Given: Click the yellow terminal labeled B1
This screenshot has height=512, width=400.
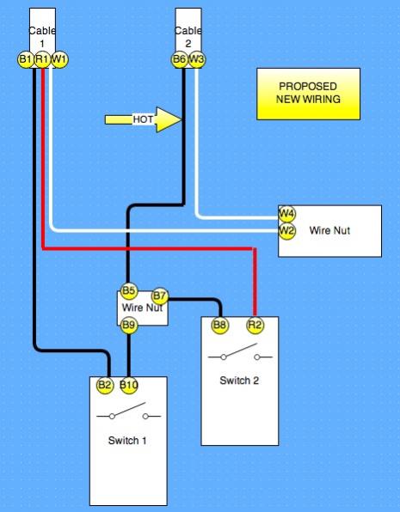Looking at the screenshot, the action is [26, 59].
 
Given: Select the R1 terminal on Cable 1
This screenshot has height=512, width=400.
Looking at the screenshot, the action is [42, 59].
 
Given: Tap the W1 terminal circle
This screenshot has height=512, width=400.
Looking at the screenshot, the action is [59, 59].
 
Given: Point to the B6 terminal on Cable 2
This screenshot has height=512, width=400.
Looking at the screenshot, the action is [180, 59].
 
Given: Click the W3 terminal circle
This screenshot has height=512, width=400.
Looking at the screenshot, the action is [197, 59].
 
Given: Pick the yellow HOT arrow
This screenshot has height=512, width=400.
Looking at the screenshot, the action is [143, 119].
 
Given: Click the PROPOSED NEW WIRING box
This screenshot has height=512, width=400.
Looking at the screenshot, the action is [309, 94].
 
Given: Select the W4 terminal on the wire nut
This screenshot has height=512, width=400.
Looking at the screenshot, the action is [286, 214].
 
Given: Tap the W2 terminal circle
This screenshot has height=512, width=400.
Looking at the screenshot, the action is [286, 231].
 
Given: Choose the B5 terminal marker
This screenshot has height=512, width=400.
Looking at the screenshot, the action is [129, 290].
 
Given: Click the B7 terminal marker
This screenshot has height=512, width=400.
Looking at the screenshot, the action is [160, 296].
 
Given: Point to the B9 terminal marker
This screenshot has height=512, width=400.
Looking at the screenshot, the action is [129, 326].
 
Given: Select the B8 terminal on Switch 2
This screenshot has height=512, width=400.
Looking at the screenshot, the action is [220, 326].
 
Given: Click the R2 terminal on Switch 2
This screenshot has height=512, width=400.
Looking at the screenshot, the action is [255, 326].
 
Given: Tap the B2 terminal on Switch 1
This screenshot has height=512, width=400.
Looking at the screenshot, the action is [105, 386].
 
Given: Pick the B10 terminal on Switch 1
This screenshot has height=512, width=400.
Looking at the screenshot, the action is [129, 386].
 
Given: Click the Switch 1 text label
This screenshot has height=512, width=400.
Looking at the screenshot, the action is [127, 441].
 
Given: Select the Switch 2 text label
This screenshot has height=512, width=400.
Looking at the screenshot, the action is [239, 381].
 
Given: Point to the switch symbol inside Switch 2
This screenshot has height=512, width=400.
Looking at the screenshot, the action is [240, 352].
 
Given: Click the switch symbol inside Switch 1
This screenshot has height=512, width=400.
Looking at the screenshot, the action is [128, 411].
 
